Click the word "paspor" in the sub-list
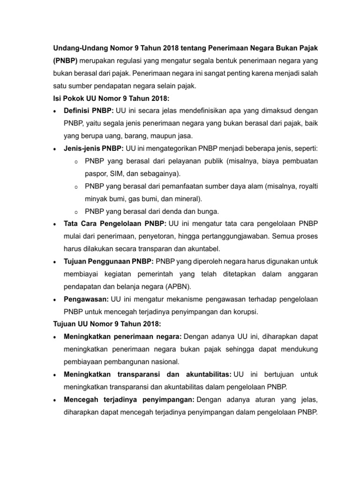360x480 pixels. point(96,173)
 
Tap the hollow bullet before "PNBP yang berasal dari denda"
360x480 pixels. point(76,211)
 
